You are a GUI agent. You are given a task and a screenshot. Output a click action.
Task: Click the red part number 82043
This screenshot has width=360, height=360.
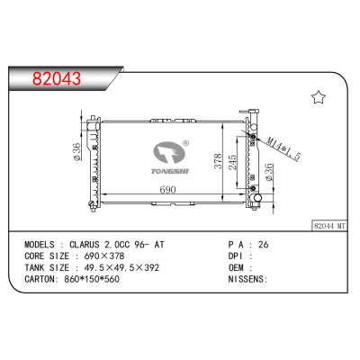(x=57, y=78)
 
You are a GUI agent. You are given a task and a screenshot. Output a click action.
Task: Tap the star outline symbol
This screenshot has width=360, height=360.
(x=319, y=97)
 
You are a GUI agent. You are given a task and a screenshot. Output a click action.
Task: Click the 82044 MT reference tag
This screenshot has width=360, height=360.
(x=329, y=226)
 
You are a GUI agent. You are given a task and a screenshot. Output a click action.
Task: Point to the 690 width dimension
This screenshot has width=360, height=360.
(x=167, y=189)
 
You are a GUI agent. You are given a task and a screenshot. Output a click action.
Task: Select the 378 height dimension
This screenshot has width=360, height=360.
(x=218, y=161)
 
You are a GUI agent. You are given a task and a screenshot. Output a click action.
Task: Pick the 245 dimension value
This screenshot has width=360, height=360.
(x=232, y=162)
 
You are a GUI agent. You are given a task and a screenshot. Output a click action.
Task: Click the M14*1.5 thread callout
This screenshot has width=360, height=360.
(x=283, y=148)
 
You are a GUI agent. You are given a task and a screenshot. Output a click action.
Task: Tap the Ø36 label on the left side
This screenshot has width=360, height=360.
(x=76, y=152)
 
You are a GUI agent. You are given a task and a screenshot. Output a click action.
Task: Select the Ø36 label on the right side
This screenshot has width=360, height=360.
(x=268, y=172)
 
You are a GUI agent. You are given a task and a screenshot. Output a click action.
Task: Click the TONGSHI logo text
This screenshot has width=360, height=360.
(x=170, y=171)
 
